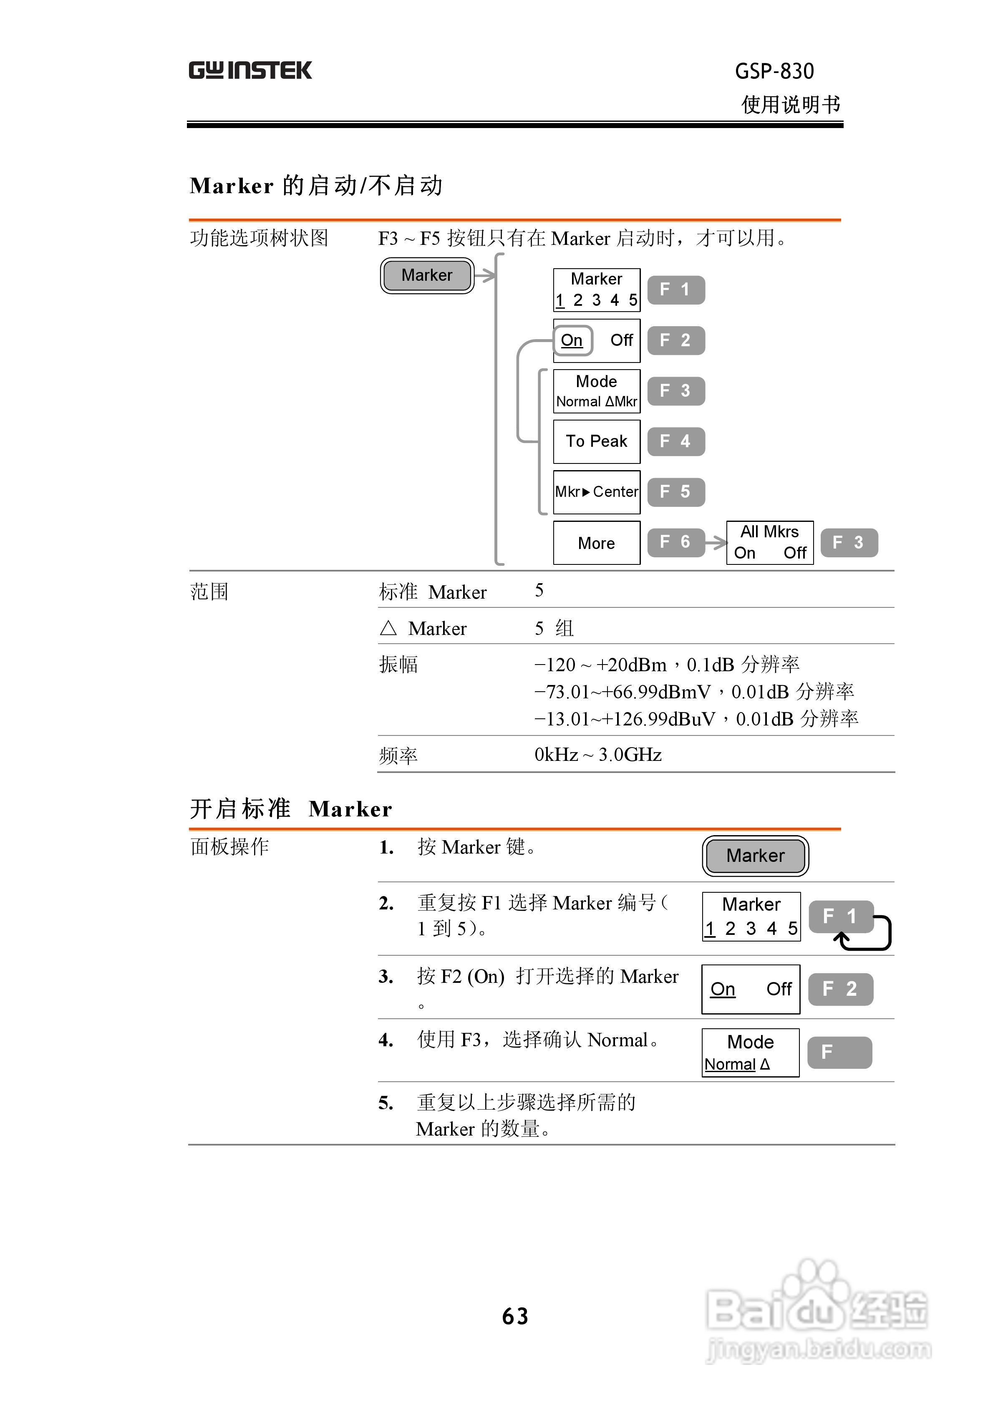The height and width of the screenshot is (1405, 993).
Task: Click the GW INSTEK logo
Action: click(x=250, y=71)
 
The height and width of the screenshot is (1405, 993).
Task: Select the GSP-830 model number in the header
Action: click(x=774, y=72)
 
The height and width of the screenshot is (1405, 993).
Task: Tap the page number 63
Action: click(x=515, y=1316)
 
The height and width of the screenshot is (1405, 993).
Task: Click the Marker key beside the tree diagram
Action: click(x=427, y=275)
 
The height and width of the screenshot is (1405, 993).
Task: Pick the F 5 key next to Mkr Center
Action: click(x=676, y=492)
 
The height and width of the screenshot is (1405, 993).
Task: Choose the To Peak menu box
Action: click(x=596, y=441)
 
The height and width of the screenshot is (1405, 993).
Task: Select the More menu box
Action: click(x=596, y=543)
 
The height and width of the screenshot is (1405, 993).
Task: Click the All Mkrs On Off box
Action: click(x=769, y=543)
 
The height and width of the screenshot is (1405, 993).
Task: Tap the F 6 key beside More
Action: click(x=676, y=542)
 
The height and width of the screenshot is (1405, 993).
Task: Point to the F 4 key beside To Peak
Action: click(x=676, y=441)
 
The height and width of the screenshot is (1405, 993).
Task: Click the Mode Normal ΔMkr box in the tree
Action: click(x=596, y=391)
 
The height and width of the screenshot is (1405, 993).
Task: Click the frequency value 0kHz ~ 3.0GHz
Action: click(x=597, y=755)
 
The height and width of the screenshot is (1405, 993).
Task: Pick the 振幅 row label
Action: click(x=398, y=665)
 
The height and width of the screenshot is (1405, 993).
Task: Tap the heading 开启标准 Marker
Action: click(x=291, y=809)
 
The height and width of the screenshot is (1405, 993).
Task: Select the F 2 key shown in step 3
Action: click(x=841, y=989)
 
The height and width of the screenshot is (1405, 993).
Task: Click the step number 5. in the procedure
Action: click(x=386, y=1103)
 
